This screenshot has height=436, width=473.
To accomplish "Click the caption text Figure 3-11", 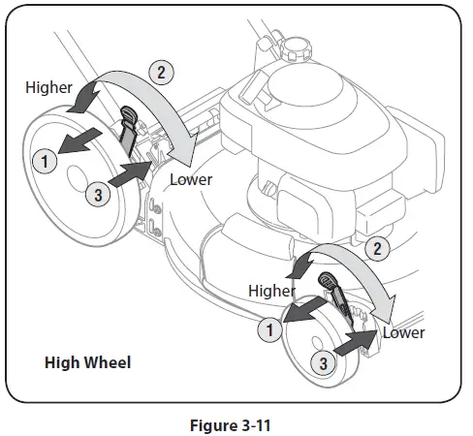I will click(x=236, y=423).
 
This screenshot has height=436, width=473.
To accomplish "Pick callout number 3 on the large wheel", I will click(x=94, y=195).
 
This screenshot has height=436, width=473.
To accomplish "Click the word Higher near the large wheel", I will click(x=48, y=87).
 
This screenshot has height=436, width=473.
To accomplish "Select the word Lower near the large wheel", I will click(x=190, y=179).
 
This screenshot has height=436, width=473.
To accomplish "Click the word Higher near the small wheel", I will click(x=271, y=290).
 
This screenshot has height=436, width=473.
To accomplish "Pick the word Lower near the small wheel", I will click(x=403, y=332).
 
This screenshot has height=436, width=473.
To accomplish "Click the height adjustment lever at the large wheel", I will click(x=129, y=129).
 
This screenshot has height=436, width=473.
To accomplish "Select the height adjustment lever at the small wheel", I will click(x=330, y=286).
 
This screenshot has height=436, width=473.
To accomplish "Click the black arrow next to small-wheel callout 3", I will click(x=357, y=342).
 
